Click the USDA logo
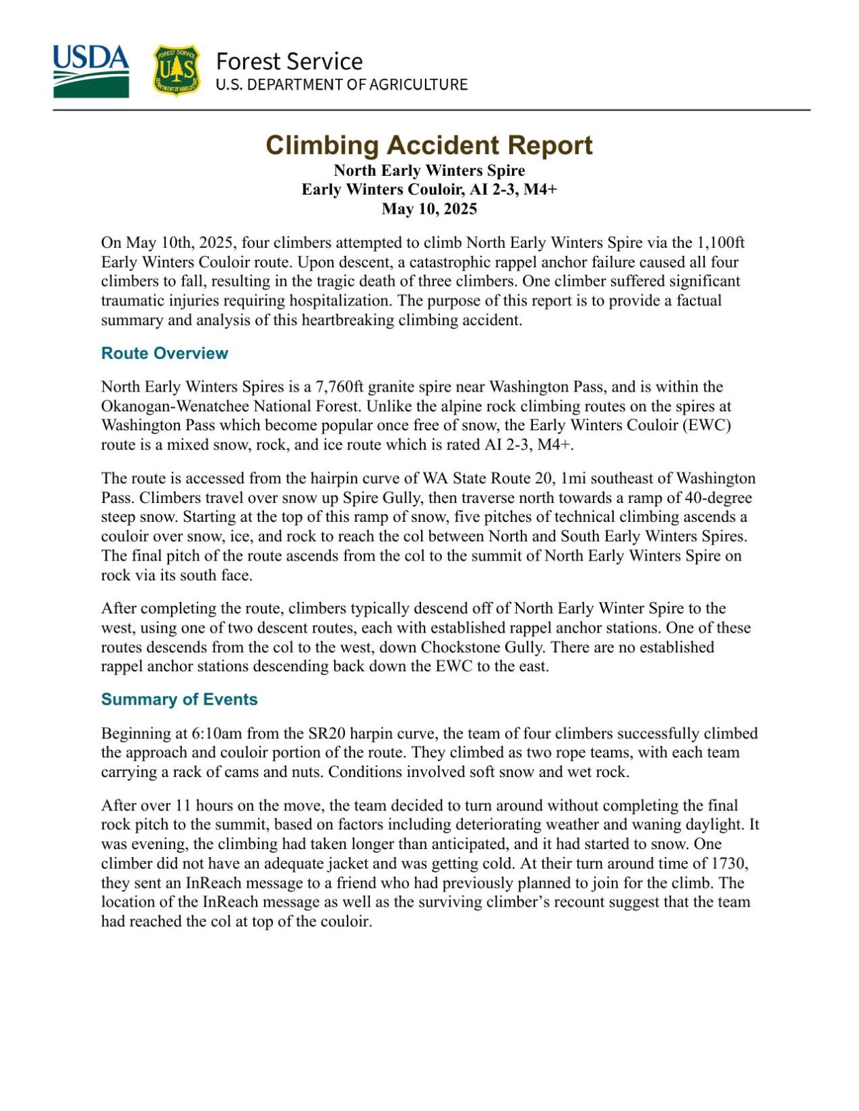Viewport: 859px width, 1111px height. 91,71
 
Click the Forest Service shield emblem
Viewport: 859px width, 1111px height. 176,71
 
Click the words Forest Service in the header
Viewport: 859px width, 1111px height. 289,61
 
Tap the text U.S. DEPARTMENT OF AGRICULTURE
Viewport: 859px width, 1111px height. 342,85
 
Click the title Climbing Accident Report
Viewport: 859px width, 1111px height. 429,145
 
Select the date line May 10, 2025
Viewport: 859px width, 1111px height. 429,208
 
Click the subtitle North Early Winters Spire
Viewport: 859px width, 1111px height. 429,170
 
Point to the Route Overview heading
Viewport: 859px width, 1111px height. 164,353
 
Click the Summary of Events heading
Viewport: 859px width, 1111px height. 179,699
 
